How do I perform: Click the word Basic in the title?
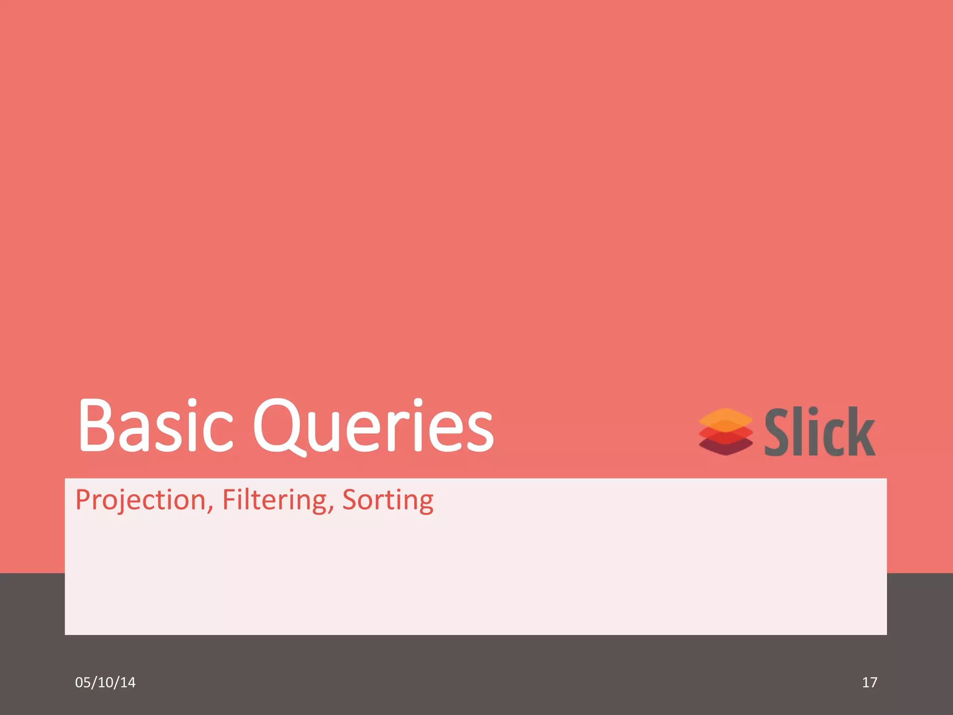pyautogui.click(x=155, y=426)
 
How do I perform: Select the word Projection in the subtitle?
pyautogui.click(x=141, y=500)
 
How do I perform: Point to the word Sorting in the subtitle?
pyautogui.click(x=388, y=500)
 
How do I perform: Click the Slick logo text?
pyautogui.click(x=820, y=432)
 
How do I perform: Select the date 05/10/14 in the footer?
pyautogui.click(x=105, y=682)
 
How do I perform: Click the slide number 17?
pyautogui.click(x=869, y=682)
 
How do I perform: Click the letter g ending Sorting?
pyautogui.click(x=425, y=504)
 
